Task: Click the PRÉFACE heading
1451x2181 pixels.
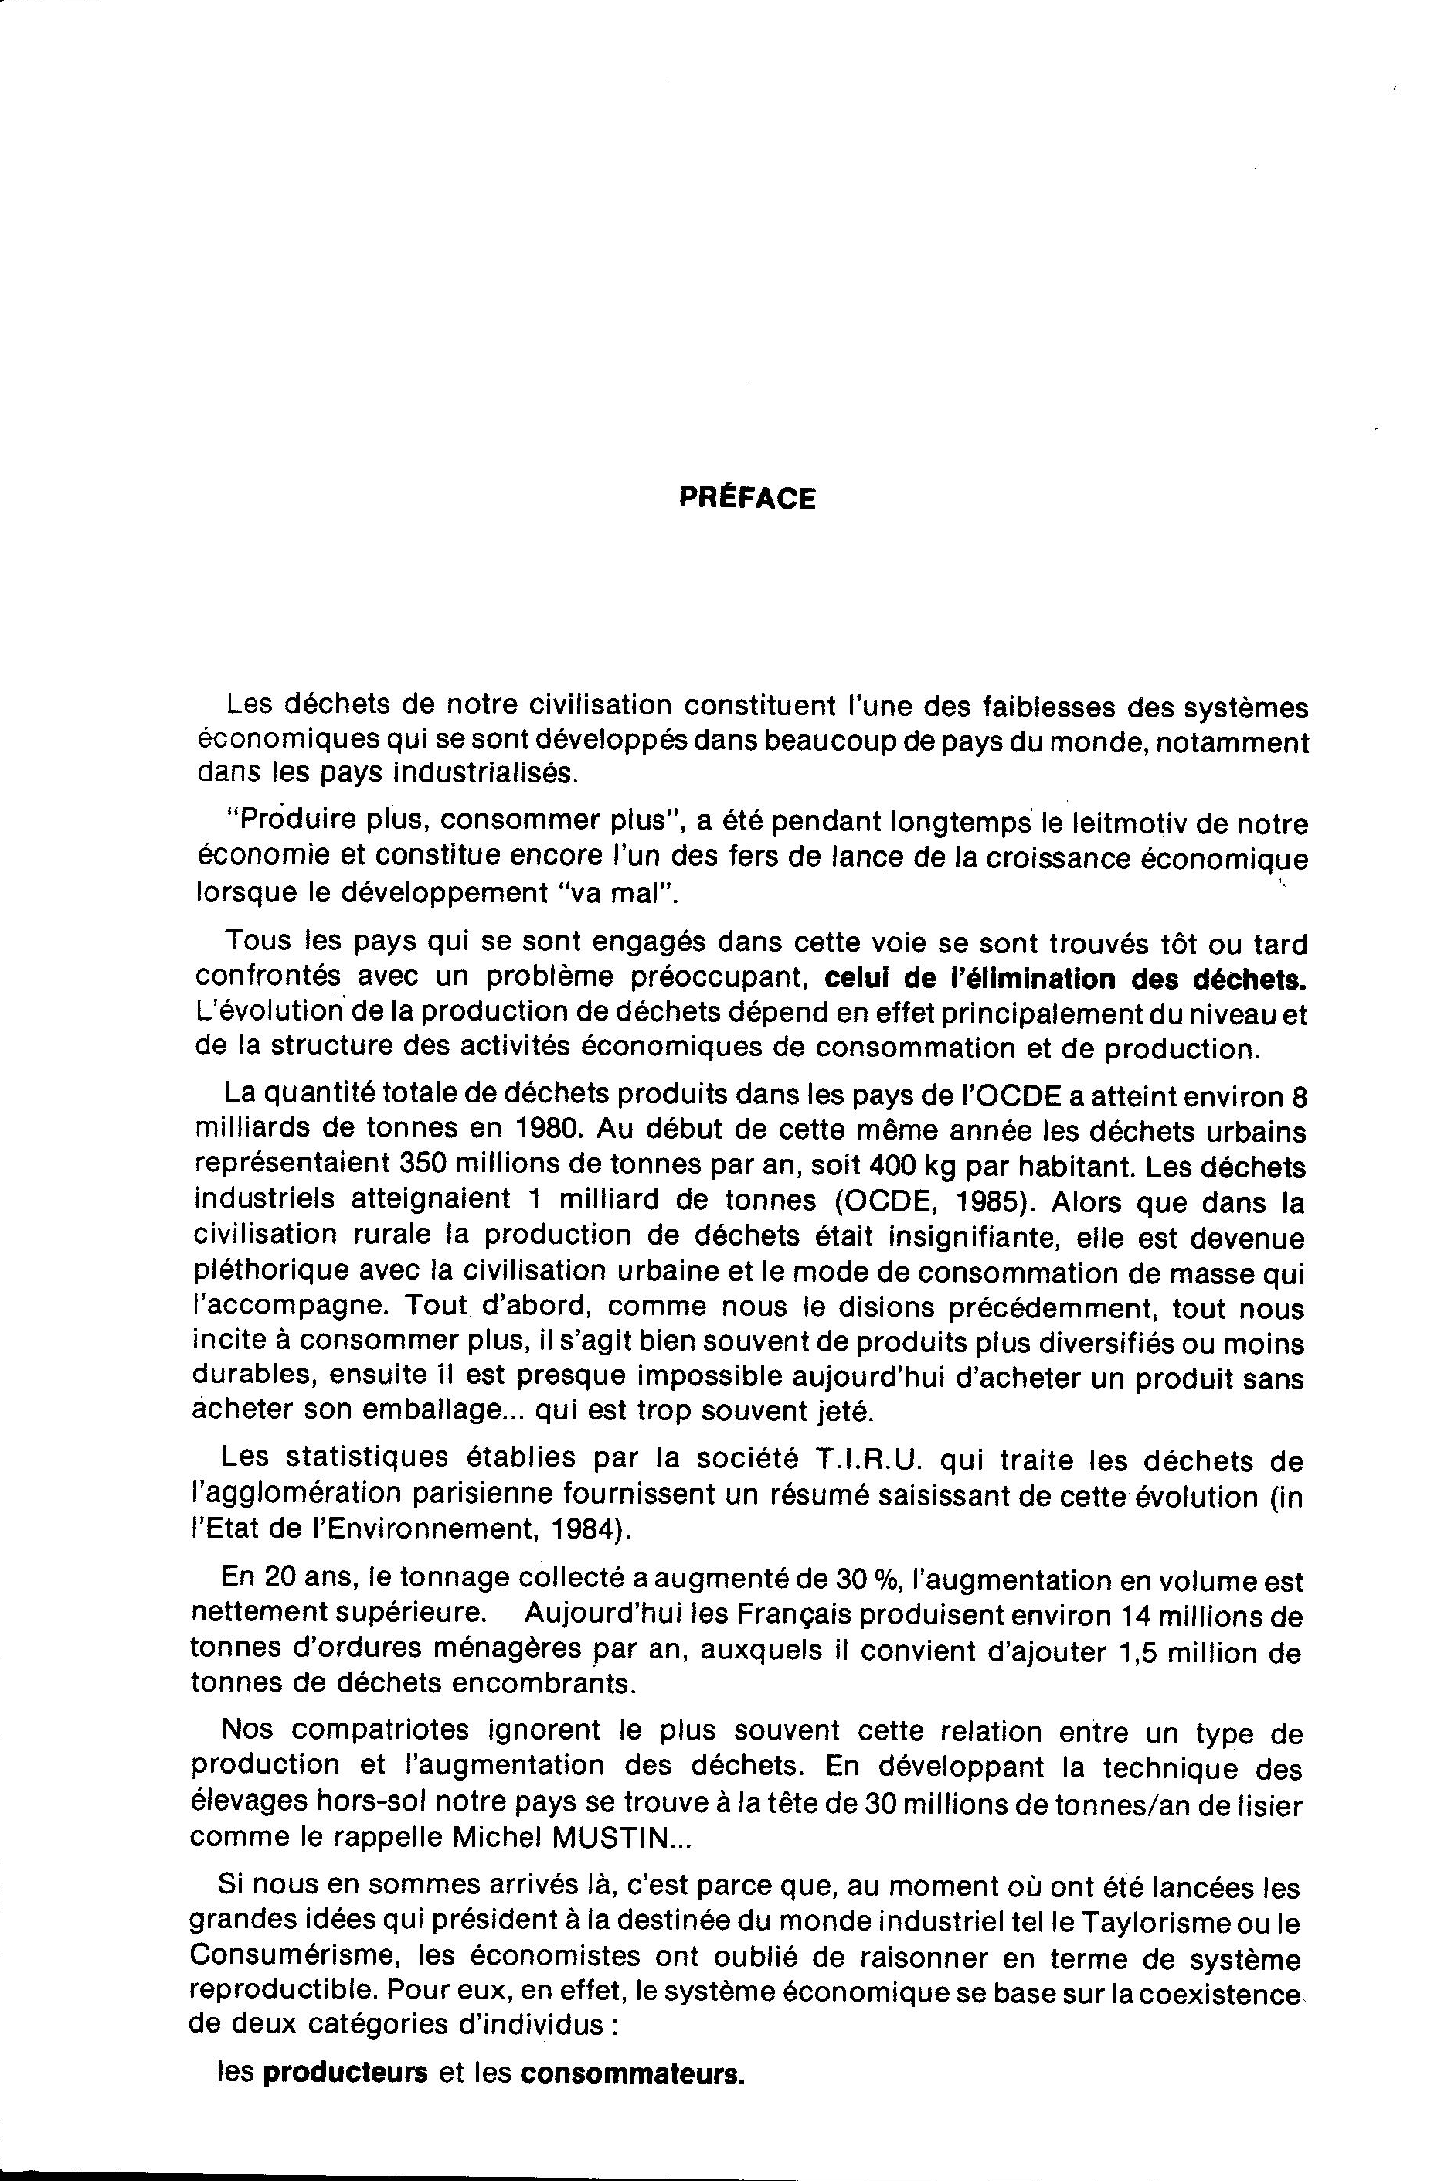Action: (x=747, y=499)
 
